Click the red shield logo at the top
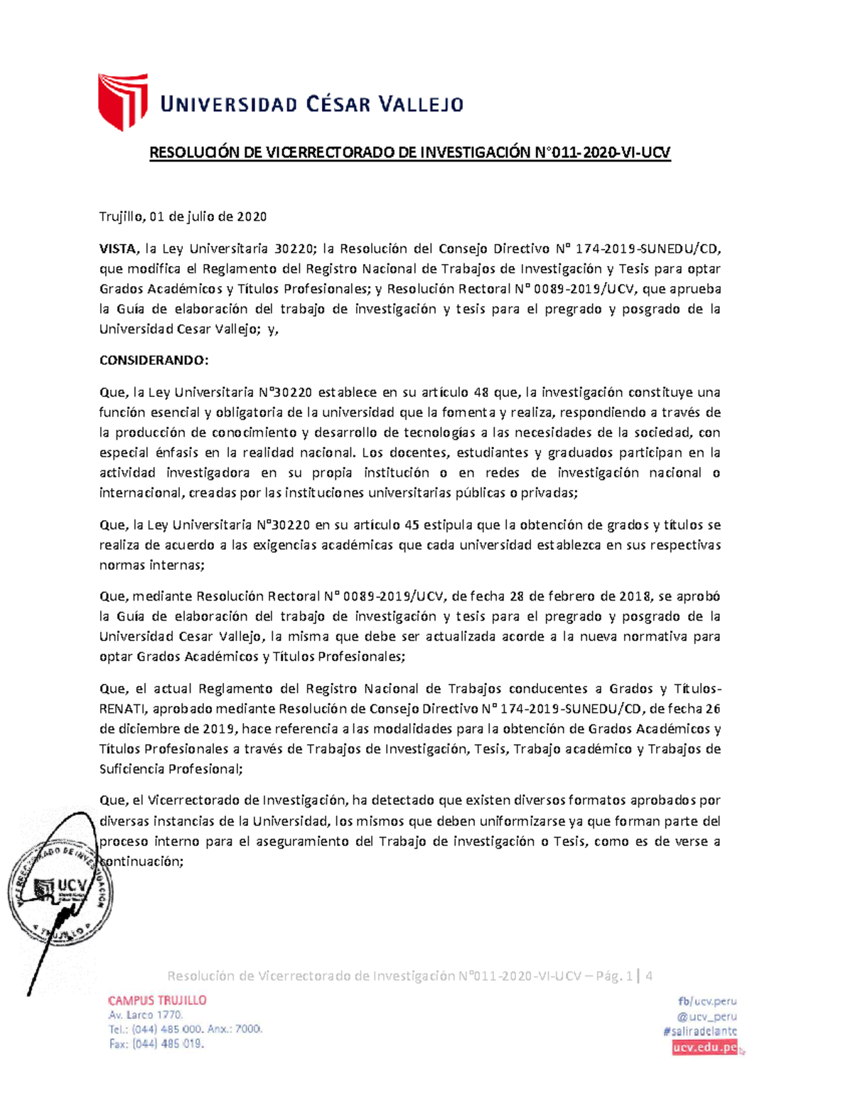[122, 101]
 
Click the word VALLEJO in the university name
[420, 105]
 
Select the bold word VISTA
[117, 248]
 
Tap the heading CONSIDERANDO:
[154, 360]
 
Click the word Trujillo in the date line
[122, 216]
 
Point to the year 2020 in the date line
[252, 216]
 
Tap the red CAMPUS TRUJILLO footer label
[157, 1000]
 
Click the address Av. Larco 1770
[146, 1015]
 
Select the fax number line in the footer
[156, 1044]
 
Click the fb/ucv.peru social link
[707, 1000]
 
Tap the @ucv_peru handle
[707, 1016]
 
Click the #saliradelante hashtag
[699, 1031]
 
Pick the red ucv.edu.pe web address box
[705, 1047]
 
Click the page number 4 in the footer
[649, 976]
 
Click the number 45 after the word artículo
[412, 525]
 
